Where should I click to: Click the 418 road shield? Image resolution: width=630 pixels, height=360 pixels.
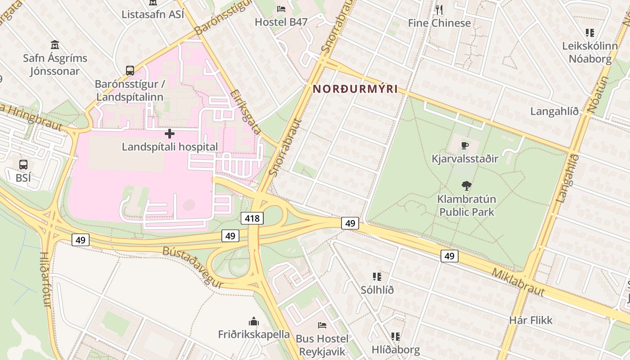[252, 219]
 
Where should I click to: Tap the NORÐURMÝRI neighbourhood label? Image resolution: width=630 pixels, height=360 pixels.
[355, 89]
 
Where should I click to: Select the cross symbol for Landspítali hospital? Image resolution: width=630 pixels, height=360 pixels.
[170, 134]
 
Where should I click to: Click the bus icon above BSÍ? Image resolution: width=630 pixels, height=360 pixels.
[23, 165]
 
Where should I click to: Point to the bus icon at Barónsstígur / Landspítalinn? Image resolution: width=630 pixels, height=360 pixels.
[130, 70]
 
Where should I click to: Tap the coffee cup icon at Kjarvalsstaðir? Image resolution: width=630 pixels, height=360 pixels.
[465, 145]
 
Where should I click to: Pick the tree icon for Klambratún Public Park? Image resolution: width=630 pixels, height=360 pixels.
[467, 185]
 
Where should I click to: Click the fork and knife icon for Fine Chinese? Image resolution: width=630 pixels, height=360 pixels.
[439, 9]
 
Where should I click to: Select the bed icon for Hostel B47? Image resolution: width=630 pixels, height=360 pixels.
[281, 9]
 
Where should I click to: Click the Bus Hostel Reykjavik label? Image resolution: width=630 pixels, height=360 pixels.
[322, 345]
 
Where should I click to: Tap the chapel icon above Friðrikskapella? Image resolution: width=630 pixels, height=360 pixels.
[254, 321]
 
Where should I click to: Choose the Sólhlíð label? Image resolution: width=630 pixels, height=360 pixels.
[377, 290]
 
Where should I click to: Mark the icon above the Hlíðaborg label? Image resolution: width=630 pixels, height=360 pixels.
[396, 336]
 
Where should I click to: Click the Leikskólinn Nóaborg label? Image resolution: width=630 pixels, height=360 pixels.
[590, 52]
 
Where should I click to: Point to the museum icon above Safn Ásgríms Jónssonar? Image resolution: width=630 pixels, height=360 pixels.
[55, 45]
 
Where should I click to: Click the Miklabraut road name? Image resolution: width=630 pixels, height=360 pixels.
[518, 283]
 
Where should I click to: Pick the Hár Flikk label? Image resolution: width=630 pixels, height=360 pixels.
[531, 320]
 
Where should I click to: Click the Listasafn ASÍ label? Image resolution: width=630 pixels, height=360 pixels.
[153, 14]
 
